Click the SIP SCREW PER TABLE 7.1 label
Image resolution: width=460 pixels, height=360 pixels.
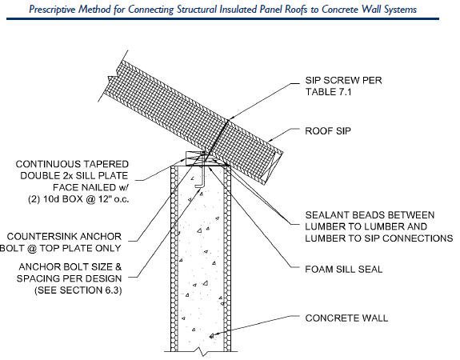343,86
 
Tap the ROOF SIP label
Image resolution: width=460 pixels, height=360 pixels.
328,131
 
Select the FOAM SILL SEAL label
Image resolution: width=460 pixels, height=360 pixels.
343,270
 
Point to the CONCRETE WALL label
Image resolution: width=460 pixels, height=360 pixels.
346,318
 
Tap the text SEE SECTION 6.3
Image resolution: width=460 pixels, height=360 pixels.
78,290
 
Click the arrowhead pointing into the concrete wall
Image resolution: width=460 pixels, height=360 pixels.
212,335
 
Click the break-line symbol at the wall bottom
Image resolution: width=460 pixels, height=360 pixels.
202,351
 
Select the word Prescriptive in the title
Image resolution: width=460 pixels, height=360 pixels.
53,10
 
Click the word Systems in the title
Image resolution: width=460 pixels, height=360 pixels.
401,10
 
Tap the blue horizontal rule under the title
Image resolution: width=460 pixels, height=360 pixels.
222,19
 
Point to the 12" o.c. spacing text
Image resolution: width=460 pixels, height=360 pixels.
114,199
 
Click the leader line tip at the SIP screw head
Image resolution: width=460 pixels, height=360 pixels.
229,119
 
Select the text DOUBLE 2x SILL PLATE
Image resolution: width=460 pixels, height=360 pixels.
74,176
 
